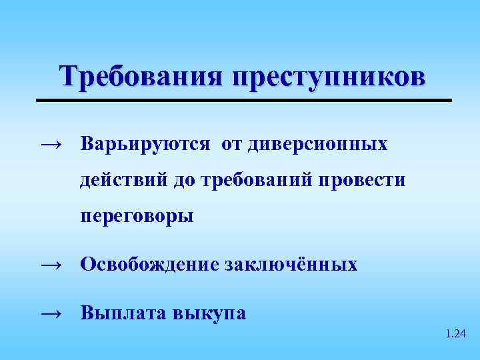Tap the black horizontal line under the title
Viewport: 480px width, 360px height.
[x=243, y=100]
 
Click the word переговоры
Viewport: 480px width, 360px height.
[x=137, y=217]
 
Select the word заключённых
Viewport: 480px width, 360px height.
[x=292, y=265]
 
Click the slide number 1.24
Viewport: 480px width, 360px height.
[x=455, y=333]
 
